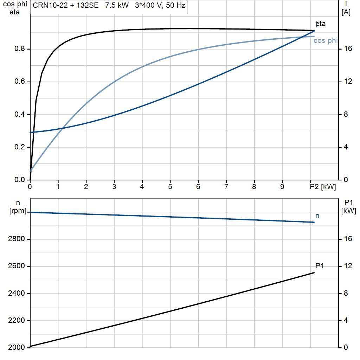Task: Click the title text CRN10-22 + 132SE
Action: point(66,5)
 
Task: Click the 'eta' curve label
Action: point(321,24)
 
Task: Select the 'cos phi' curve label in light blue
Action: point(326,41)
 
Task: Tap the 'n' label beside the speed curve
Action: point(317,216)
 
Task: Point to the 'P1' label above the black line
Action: point(320,266)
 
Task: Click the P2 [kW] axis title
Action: point(323,187)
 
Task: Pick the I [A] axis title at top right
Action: point(346,8)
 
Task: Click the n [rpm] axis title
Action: point(18,207)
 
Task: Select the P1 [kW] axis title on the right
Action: point(348,206)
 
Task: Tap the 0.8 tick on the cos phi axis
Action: point(20,49)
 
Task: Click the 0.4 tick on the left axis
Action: point(20,114)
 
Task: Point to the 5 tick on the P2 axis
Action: point(170,187)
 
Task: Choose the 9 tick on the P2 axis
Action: point(282,187)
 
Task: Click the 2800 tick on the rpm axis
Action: point(16,239)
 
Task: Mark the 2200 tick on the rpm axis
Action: point(16,320)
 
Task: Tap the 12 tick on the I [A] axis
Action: point(348,81)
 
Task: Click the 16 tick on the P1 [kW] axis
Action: point(348,239)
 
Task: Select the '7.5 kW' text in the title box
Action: point(117,5)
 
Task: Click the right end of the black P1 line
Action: point(314,273)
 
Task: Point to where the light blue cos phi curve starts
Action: point(30,171)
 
